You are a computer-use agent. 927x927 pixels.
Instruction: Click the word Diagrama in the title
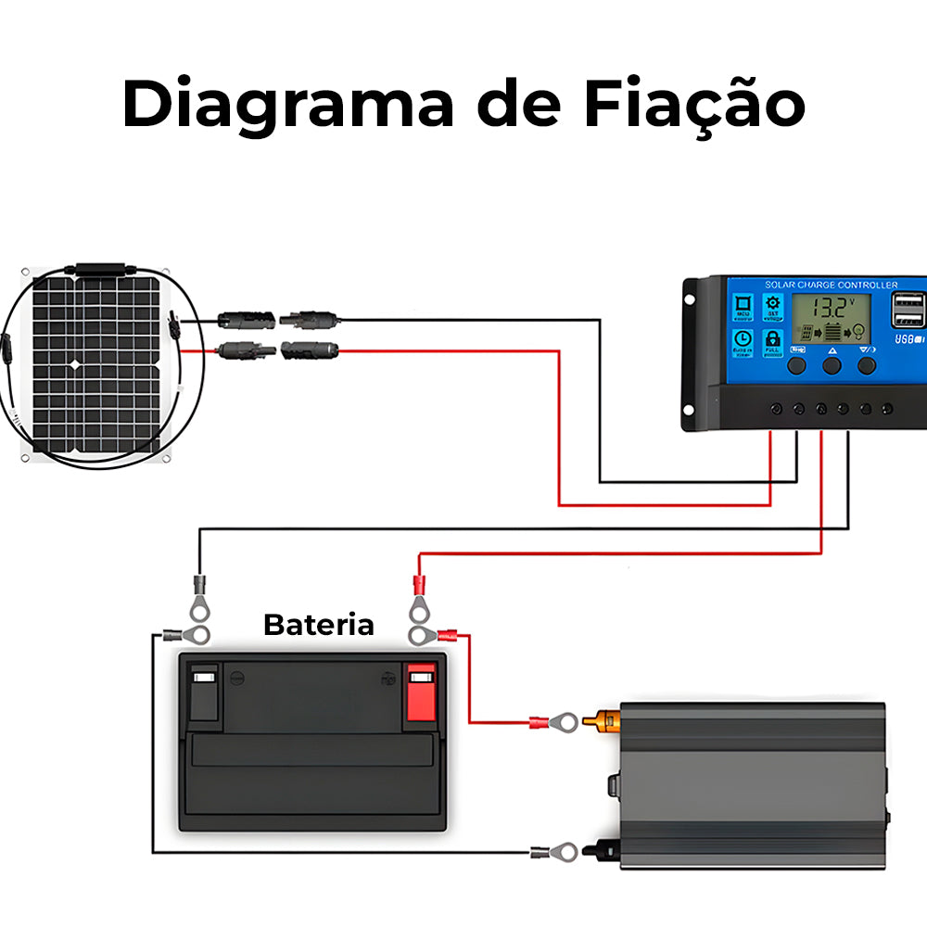[287, 104]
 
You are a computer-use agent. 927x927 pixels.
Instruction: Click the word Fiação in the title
[693, 104]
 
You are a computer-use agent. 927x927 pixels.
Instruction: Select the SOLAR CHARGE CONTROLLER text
[831, 285]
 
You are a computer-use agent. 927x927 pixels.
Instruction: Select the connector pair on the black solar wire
[277, 320]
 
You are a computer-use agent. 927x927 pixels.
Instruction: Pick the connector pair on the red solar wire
[277, 350]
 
